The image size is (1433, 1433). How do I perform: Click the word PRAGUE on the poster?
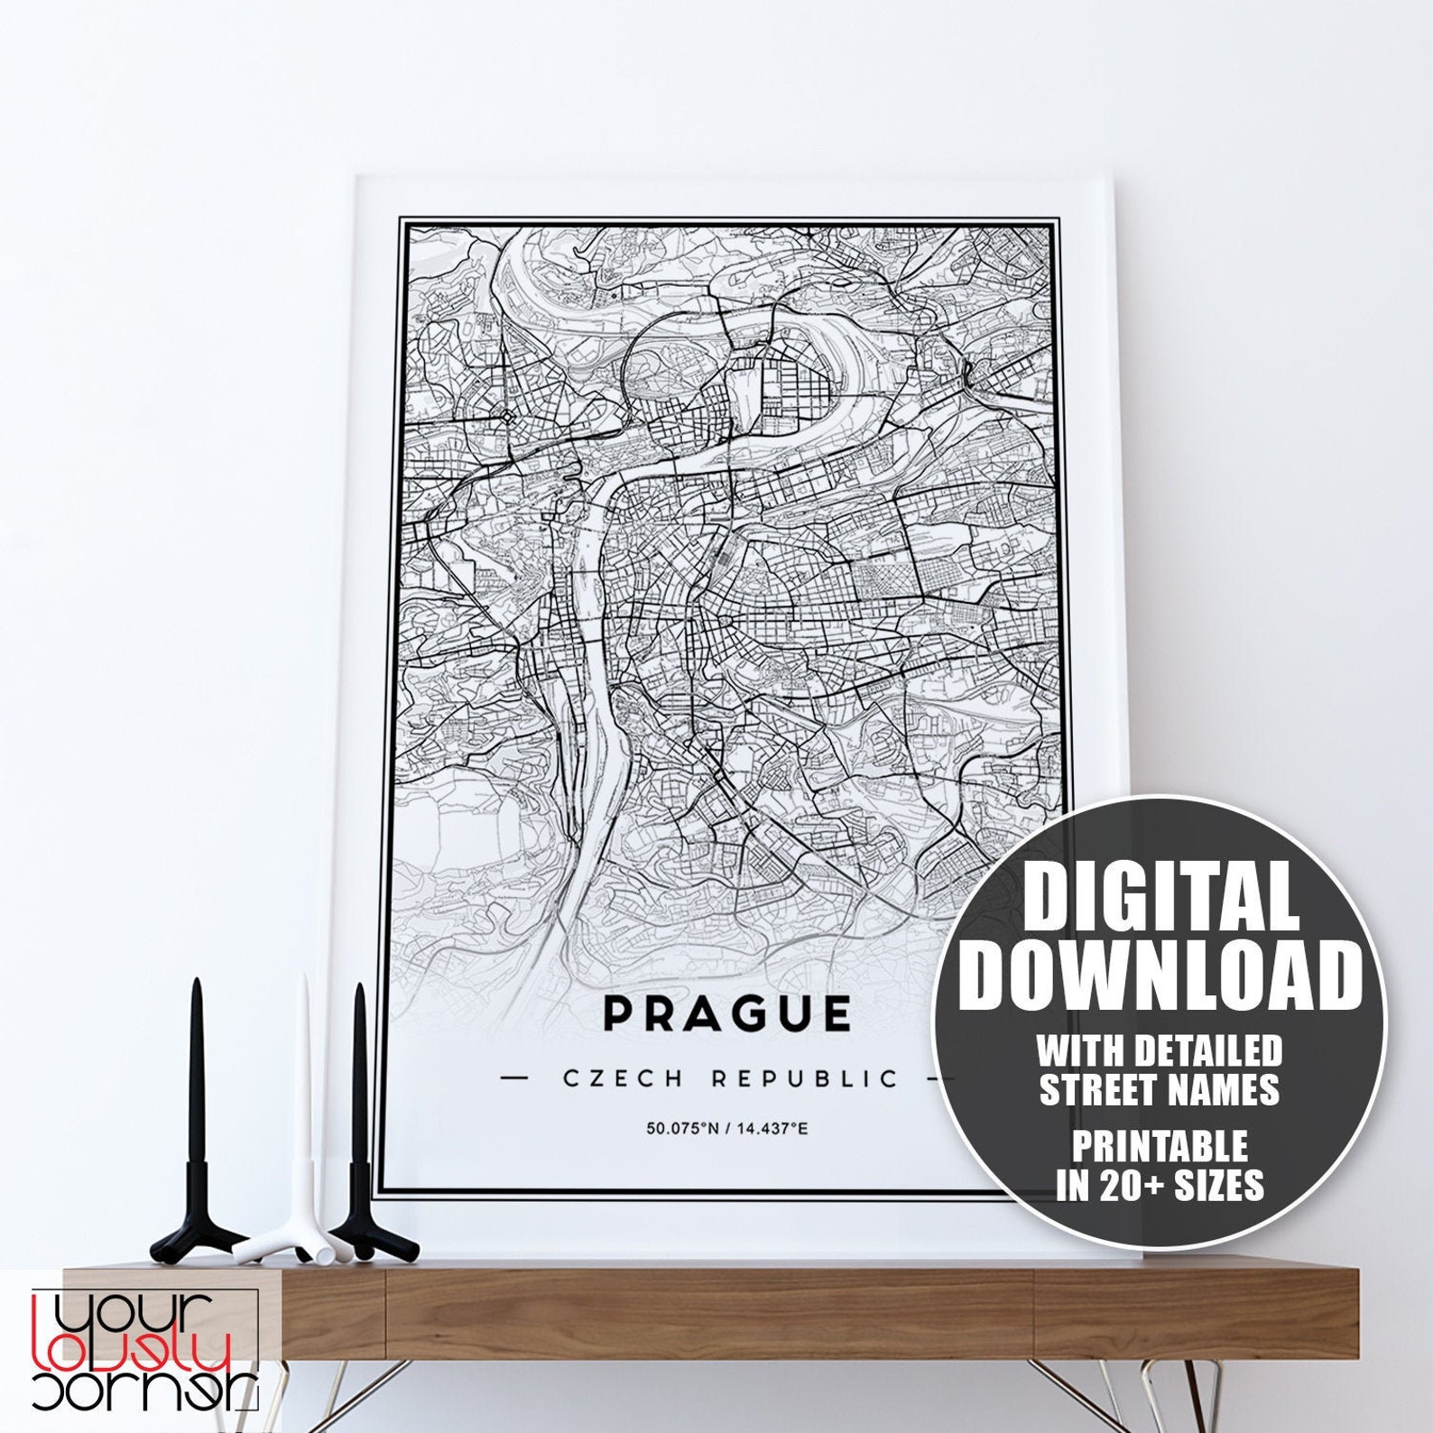click(x=727, y=1013)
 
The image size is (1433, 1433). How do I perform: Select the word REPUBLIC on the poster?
click(x=805, y=1078)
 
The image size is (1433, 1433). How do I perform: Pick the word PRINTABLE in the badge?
click(x=1160, y=1147)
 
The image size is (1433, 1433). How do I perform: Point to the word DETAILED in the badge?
click(x=1208, y=1050)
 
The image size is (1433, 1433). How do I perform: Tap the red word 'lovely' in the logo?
click(x=133, y=1356)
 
